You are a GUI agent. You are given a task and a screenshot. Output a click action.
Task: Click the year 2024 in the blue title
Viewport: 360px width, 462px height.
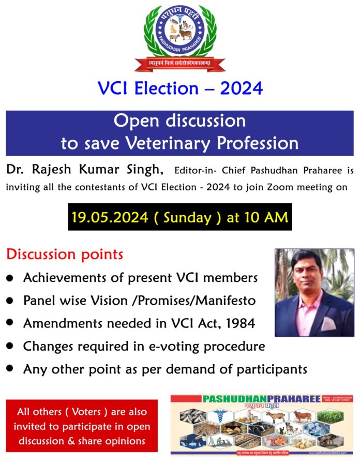click(x=242, y=88)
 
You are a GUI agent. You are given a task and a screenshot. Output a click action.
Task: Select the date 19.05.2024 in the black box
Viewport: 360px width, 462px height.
click(x=110, y=217)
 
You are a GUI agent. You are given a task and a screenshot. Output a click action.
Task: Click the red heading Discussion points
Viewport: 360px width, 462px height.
click(x=65, y=255)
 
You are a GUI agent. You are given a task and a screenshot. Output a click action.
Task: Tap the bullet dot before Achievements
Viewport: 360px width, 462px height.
click(x=10, y=278)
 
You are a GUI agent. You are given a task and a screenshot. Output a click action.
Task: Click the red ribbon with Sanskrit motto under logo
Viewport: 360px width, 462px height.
click(x=180, y=65)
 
